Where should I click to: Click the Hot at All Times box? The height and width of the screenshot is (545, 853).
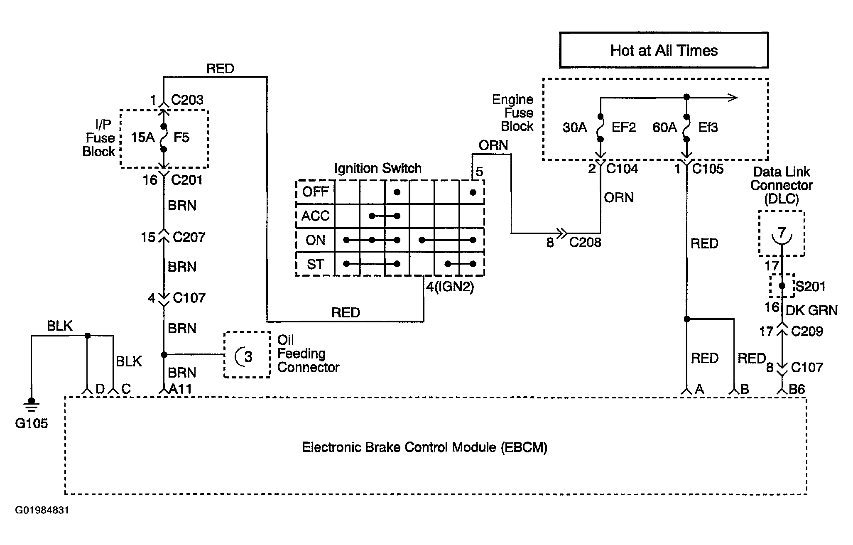coord(664,50)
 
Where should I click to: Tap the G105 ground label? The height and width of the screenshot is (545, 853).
coord(32,424)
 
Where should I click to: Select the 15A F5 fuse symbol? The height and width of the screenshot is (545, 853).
coord(164,137)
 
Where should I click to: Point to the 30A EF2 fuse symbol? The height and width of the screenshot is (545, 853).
coord(600,128)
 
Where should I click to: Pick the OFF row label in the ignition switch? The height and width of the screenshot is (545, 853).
coord(315,192)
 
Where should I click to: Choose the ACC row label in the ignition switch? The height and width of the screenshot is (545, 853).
coord(315,216)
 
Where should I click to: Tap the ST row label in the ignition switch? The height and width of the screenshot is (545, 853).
coord(315,264)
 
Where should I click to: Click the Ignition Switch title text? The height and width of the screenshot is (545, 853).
coord(378,168)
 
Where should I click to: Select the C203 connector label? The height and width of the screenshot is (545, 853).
coord(187,100)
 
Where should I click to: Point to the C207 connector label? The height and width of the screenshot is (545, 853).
coord(189,237)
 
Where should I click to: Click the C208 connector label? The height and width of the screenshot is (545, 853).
coord(585,242)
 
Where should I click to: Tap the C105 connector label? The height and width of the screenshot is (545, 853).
coord(708,169)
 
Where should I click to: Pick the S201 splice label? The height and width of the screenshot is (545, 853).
coord(810,286)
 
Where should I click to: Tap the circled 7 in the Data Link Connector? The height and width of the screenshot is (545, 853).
coord(782,235)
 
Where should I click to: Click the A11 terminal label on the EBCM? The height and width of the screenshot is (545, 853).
coord(181,389)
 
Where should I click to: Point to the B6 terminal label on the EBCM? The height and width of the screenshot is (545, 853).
coord(797,389)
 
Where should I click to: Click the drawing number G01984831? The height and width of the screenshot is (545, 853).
coord(42,510)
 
